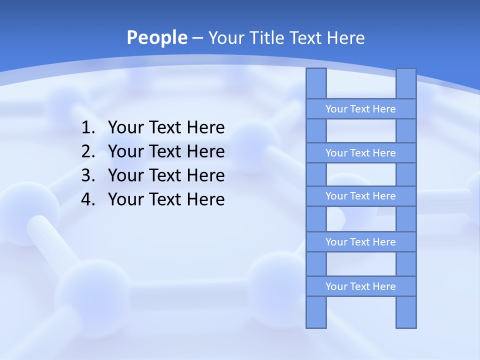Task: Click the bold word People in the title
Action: pyautogui.click(x=156, y=37)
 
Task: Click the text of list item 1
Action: pyautogui.click(x=166, y=128)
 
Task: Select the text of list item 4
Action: pyautogui.click(x=166, y=199)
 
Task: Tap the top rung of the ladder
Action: pyautogui.click(x=360, y=109)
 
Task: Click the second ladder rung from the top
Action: pyautogui.click(x=360, y=153)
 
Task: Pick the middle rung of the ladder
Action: pyautogui.click(x=360, y=196)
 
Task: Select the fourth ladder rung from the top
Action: pyautogui.click(x=360, y=242)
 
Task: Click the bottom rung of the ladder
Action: pyautogui.click(x=360, y=286)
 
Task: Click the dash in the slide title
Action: pyautogui.click(x=197, y=38)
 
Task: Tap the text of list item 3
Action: pyautogui.click(x=166, y=175)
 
